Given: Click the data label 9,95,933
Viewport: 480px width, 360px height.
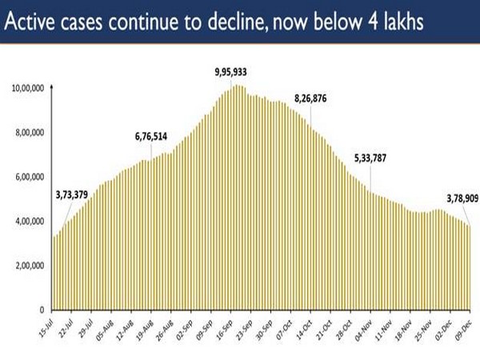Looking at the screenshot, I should pos(232,73).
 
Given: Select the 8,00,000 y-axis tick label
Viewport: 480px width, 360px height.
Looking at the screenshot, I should pos(31,132).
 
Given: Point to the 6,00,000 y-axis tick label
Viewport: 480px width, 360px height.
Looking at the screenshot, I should pos(31,177).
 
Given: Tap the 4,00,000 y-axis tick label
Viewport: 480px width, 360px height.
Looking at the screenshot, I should pos(31,221).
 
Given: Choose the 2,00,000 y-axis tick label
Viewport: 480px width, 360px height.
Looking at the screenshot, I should pos(31,266).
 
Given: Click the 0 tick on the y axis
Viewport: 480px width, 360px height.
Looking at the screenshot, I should pos(45,310).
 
